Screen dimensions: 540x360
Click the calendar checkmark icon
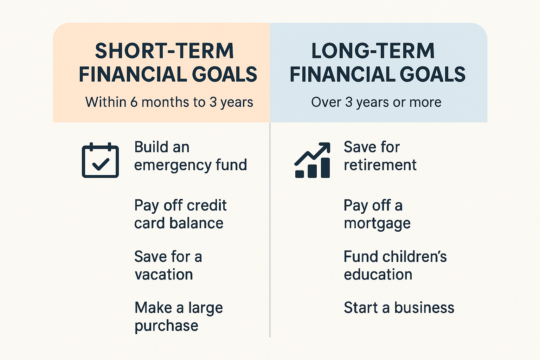click(100, 160)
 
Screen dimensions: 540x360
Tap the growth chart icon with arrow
click(312, 160)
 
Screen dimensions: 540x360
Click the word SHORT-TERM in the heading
click(165, 51)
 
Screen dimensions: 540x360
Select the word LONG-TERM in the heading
click(373, 51)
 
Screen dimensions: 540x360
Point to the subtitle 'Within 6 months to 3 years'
click(169, 102)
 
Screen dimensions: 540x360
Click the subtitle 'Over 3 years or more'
click(376, 102)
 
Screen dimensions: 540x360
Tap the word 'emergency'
click(172, 166)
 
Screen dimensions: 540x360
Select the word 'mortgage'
click(377, 224)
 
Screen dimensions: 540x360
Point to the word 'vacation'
click(164, 275)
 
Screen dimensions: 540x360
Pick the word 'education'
click(378, 274)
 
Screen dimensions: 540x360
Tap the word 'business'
click(424, 308)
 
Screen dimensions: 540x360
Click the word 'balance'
click(196, 223)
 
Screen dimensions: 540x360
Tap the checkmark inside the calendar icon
click(101, 164)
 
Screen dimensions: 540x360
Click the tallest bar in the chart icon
click(325, 168)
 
